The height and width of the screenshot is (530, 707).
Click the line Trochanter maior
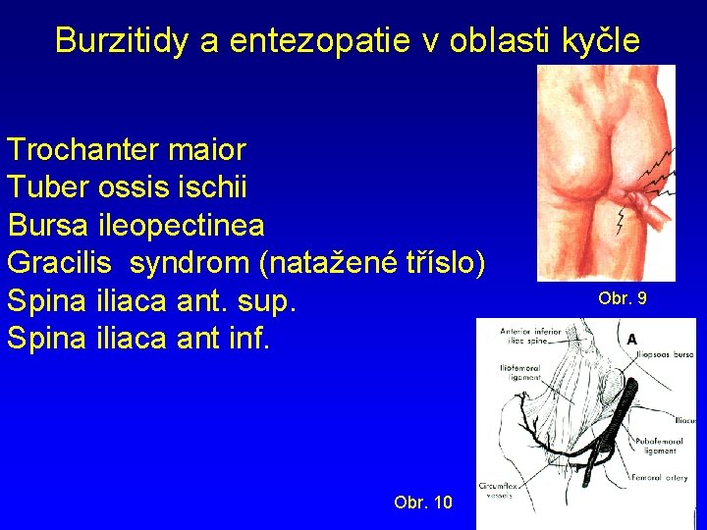[127, 150]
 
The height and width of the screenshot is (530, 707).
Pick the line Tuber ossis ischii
[127, 187]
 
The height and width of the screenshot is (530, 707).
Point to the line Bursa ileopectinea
[136, 225]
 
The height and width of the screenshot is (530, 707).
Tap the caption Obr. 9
[623, 297]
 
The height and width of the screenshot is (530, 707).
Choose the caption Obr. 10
[422, 503]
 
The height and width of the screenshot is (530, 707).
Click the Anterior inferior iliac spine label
[530, 337]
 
